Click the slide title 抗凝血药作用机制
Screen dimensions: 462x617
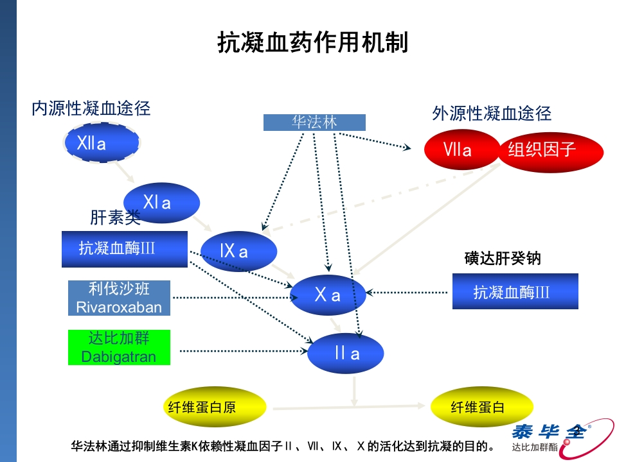[313, 43]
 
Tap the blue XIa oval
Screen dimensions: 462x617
[161, 203]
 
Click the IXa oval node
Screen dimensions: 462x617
[238, 251]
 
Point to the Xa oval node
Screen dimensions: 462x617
[328, 295]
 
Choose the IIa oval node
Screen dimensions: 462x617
[346, 354]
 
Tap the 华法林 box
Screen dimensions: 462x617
[314, 123]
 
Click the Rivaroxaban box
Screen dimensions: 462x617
[120, 298]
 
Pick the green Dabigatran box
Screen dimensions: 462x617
[120, 348]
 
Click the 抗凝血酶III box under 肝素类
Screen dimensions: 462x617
[124, 249]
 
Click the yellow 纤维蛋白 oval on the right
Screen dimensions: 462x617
[481, 407]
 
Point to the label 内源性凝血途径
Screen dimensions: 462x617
[91, 108]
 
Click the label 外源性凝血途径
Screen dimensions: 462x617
[492, 114]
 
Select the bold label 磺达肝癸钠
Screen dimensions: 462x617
[503, 258]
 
